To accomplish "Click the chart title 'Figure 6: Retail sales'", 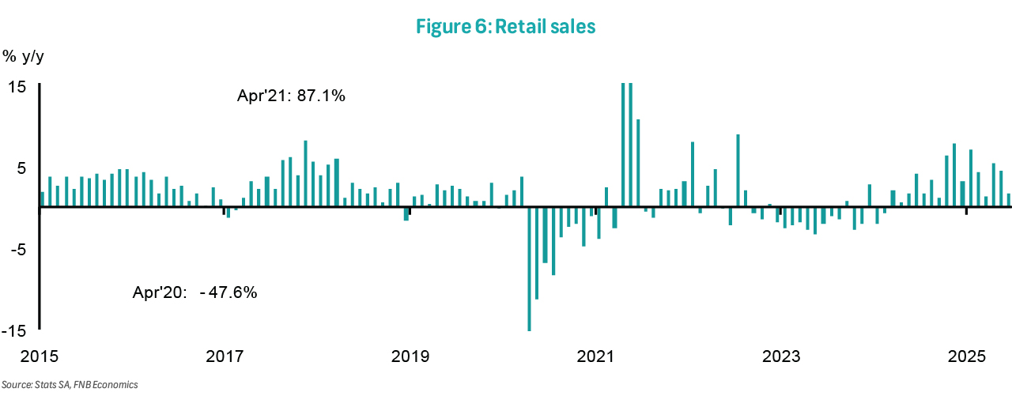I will [505, 27].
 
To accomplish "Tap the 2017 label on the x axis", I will [225, 356].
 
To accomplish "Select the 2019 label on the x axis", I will [410, 356].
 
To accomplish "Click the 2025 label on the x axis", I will [965, 356].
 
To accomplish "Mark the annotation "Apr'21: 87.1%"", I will [291, 96].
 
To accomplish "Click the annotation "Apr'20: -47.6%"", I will [194, 292].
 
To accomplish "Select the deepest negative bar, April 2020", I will [529, 269].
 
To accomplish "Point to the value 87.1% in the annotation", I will [321, 96].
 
